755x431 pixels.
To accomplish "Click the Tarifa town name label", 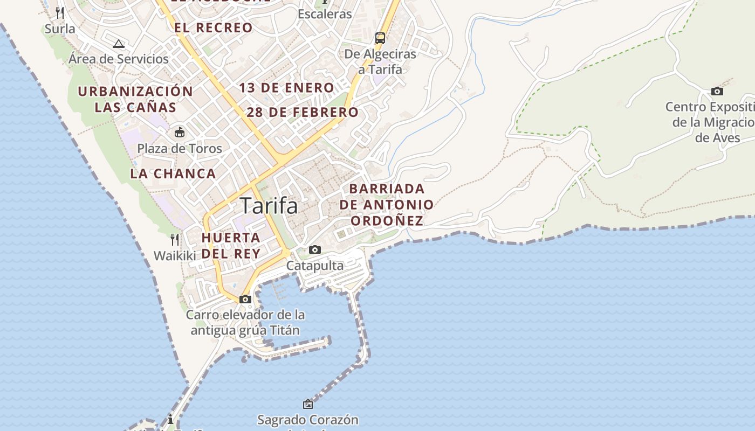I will click(269, 206).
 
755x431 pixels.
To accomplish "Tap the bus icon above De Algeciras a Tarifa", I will click(380, 38).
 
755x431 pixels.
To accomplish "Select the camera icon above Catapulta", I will click(315, 249).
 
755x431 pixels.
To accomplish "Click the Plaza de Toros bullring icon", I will click(179, 132).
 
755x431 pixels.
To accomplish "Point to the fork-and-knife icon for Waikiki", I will click(175, 239).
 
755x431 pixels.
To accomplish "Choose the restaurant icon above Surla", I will click(60, 12).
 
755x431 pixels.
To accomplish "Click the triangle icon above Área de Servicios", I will click(119, 44).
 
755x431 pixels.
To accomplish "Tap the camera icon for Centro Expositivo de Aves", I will click(717, 91).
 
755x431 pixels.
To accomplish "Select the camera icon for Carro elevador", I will click(245, 299).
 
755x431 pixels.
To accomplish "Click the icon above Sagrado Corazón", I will click(308, 404).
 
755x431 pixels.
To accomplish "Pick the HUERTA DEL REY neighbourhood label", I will click(231, 245).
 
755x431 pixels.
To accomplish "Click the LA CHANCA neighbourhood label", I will click(173, 173).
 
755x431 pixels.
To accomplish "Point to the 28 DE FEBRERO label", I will click(303, 113).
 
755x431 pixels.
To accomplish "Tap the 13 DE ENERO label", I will click(287, 88).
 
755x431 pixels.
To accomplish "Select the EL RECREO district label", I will click(213, 27).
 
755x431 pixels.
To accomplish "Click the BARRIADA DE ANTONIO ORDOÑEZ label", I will click(387, 205).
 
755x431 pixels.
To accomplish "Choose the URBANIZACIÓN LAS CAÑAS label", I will click(135, 99).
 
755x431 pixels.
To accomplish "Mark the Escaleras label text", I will click(325, 14).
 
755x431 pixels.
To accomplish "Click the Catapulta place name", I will click(315, 266).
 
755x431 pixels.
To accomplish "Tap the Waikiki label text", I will click(175, 255).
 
